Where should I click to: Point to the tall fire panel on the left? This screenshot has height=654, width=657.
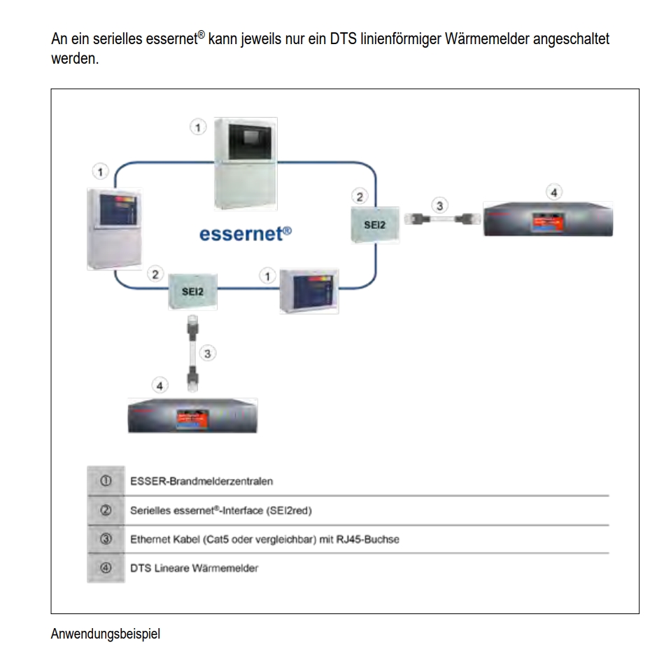coord(113,229)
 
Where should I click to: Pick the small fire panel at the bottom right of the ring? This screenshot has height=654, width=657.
coord(308,291)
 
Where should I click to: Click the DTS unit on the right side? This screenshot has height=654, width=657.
coord(548,219)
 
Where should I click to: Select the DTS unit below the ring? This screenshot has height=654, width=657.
coord(192,416)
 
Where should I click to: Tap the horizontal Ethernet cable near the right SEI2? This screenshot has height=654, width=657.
coord(438,218)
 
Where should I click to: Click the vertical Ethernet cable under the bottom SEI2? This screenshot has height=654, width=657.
coord(192,352)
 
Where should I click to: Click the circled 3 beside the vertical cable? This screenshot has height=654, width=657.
coord(207,353)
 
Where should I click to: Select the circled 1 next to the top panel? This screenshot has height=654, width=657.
coord(200,127)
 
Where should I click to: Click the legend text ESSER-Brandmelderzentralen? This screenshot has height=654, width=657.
coord(202,482)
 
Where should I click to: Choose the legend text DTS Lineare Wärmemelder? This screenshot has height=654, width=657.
coord(194,568)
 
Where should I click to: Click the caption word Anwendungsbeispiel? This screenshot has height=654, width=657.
coord(105,634)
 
